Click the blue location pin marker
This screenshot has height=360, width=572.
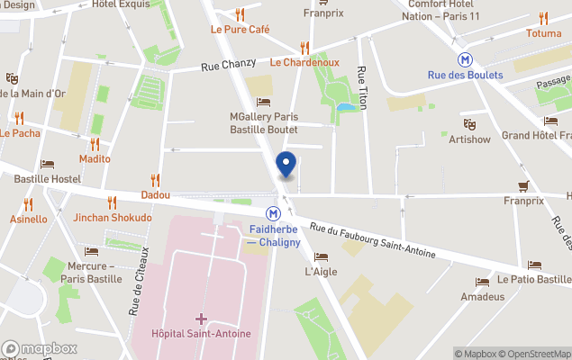(286, 165)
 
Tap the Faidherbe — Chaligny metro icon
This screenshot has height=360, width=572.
(272, 213)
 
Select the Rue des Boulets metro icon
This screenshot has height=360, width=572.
(465, 58)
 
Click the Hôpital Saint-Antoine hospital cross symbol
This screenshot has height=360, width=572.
(201, 319)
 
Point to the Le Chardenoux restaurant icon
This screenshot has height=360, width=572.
(304, 47)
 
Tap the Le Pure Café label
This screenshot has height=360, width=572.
(240, 29)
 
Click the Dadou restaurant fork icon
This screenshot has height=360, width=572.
(155, 179)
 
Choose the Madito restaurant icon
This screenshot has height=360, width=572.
(95, 144)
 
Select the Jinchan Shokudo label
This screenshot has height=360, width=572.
(113, 218)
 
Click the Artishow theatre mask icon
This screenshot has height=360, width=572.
(469, 123)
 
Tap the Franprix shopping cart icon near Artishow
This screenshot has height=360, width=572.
(523, 186)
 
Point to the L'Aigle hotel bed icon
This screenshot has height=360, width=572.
(321, 256)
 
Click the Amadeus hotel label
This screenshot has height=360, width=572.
(482, 296)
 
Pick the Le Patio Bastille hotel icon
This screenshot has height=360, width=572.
(535, 265)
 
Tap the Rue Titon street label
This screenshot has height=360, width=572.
(362, 87)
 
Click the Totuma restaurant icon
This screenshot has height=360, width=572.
(543, 18)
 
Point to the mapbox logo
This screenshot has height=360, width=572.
(40, 348)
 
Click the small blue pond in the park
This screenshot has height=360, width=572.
(345, 106)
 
